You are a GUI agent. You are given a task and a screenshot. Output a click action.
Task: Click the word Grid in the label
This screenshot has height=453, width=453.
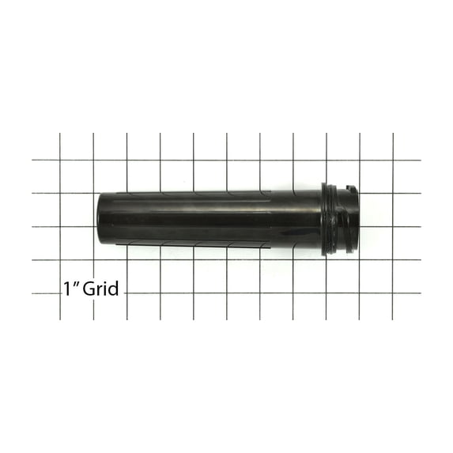tap(99, 289)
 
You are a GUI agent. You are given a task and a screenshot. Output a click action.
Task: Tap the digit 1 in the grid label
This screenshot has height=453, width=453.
tap(66, 289)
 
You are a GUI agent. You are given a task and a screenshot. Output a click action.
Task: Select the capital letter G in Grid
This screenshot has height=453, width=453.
tap(85, 289)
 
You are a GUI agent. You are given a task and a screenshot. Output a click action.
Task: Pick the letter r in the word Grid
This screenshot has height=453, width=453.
tap(97, 291)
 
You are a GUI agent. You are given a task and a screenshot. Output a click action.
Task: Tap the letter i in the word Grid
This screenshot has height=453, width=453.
tap(104, 289)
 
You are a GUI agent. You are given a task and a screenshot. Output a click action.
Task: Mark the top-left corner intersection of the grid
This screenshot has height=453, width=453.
tap(61, 160)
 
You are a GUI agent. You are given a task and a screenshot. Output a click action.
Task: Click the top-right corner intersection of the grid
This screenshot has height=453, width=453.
tap(393, 160)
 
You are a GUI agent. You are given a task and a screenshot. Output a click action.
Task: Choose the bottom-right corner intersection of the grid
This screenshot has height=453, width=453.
tap(393, 293)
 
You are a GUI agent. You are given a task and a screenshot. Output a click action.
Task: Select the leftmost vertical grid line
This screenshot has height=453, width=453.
tap(61, 237)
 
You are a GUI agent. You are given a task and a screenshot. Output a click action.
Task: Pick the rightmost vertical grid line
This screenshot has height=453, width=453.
tap(393, 237)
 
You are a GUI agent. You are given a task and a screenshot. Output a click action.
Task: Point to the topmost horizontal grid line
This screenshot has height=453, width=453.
tap(237, 160)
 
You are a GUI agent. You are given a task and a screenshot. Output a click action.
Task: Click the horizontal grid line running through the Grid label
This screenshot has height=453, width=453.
tap(237, 293)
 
